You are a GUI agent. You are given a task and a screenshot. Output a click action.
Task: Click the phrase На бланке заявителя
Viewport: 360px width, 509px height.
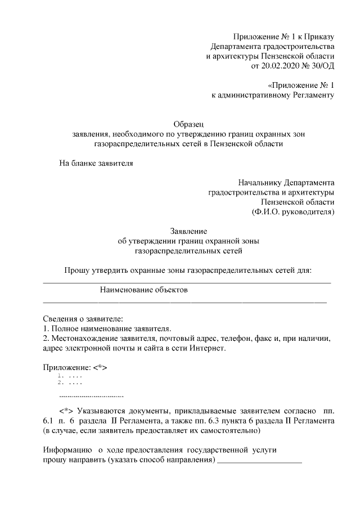point(96,164)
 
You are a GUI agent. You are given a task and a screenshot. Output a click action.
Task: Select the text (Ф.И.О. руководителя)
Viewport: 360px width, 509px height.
point(293,212)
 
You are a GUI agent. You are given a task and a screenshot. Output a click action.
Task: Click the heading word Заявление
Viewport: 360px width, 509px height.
point(188,231)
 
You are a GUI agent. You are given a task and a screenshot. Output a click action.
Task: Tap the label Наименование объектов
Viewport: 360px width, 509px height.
point(143,290)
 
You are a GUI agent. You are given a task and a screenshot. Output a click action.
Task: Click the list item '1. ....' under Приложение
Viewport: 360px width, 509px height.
point(70,375)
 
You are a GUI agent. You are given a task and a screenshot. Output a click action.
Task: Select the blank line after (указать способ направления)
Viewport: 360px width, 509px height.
point(259,461)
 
